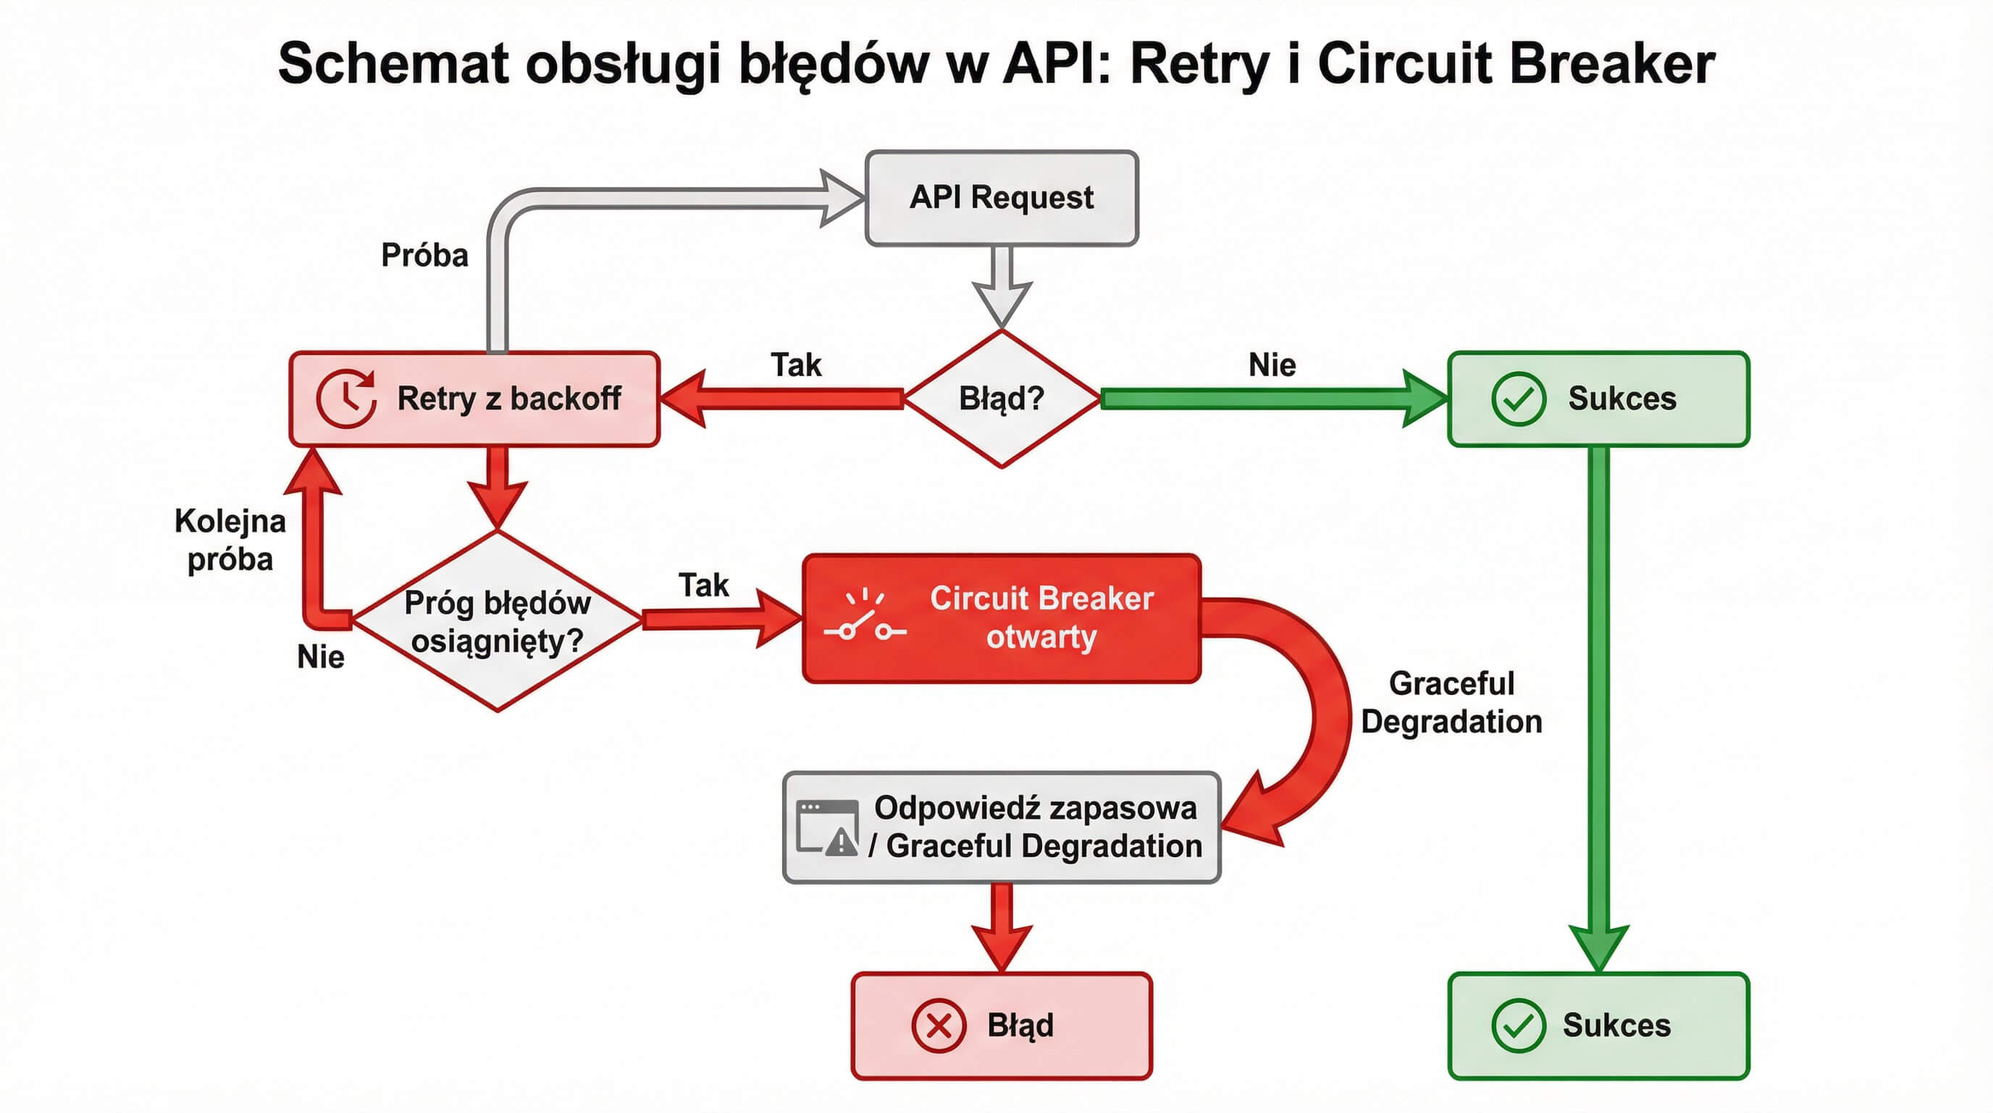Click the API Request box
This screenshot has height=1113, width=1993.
tap(1001, 198)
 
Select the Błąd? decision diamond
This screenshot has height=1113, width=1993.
tap(1001, 399)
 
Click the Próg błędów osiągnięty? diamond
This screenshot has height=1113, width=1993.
tap(498, 621)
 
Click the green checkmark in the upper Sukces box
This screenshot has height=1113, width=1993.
tap(1518, 399)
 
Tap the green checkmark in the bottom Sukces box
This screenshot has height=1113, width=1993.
tap(1518, 1025)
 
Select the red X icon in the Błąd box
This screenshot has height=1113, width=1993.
tap(939, 1025)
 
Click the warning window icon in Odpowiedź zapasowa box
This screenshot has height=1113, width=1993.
tap(827, 828)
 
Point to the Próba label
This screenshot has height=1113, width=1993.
tap(425, 255)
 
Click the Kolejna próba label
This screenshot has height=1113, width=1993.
tap(230, 540)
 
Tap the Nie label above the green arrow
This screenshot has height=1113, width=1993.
tap(1272, 364)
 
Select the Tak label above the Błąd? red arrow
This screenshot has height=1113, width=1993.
tap(795, 364)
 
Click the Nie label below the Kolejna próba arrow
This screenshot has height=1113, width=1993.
tap(320, 656)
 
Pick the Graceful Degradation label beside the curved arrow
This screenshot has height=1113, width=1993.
tap(1451, 702)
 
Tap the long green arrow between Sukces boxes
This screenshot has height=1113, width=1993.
tap(1598, 696)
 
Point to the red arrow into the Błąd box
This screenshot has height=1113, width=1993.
tap(1001, 925)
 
